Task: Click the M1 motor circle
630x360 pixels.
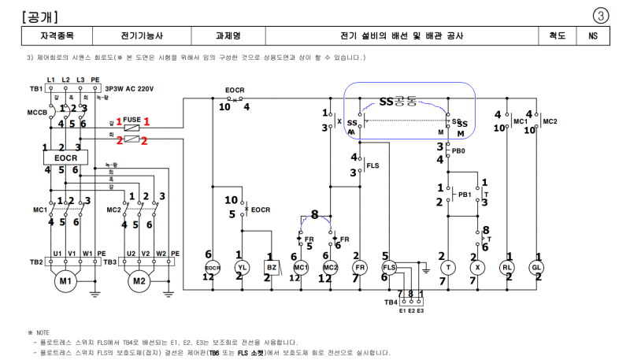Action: [x=65, y=280]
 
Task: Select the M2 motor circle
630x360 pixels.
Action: [x=139, y=280]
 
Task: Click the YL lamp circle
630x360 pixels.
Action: [x=243, y=268]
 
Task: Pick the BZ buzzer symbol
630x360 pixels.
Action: [x=269, y=268]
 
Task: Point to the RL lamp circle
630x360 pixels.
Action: [x=508, y=268]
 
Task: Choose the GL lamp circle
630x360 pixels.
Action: [x=539, y=268]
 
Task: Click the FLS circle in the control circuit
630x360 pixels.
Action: [x=389, y=268]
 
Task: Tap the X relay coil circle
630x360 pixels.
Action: [x=477, y=268]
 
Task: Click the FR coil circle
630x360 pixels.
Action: [x=359, y=268]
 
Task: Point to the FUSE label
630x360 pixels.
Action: [x=132, y=118]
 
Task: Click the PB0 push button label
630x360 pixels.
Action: [x=458, y=150]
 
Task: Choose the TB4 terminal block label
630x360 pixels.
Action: [x=391, y=302]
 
